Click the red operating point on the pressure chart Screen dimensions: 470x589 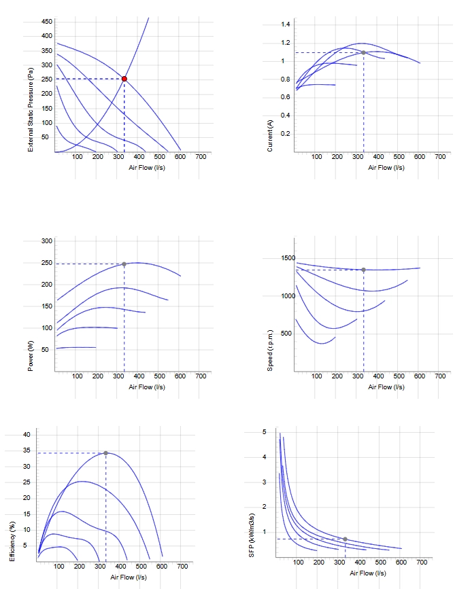[124, 79]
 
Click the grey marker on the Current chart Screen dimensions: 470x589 [364, 52]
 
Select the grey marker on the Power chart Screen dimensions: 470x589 [124, 264]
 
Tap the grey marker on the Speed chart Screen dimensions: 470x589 [364, 270]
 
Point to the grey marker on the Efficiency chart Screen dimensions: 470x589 [105, 453]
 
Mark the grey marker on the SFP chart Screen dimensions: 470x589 [345, 539]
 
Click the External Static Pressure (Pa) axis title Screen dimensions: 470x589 [31, 109]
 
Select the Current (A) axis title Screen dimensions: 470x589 [269, 136]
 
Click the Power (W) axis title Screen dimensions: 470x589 [31, 356]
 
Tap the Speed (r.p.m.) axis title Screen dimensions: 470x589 [269, 351]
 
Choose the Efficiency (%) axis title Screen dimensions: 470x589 [12, 541]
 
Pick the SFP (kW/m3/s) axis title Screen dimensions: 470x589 [252, 535]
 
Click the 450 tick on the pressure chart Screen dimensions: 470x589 [47, 22]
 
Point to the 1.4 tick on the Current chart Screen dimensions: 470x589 [286, 24]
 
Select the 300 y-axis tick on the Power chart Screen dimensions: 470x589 [47, 240]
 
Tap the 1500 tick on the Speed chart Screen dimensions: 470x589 [288, 258]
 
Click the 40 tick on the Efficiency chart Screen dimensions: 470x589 [27, 435]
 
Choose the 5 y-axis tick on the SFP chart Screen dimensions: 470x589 [265, 432]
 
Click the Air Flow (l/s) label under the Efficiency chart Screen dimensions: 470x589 [129, 577]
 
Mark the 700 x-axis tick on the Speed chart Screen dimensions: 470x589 [440, 376]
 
